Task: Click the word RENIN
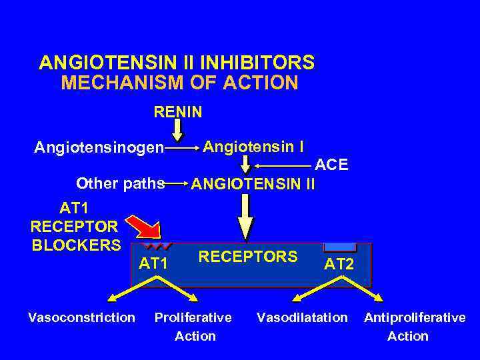(177, 111)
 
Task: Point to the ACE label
(331, 165)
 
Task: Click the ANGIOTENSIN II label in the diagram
(253, 183)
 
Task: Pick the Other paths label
(120, 183)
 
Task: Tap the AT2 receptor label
(339, 265)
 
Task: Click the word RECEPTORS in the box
(248, 257)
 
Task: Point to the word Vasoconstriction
(81, 317)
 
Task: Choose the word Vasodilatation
(302, 317)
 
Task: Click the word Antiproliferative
(414, 317)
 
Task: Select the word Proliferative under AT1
(193, 317)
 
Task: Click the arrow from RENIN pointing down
(177, 127)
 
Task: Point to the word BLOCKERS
(76, 244)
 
